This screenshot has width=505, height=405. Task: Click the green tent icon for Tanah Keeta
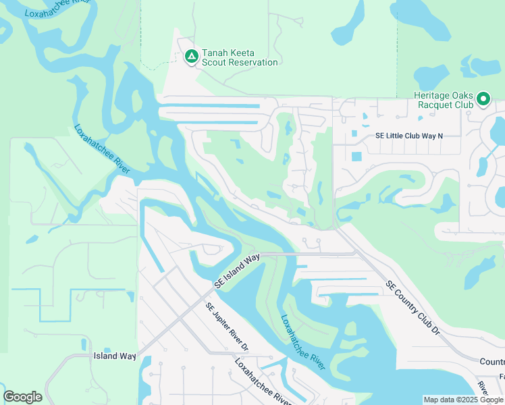click(191, 56)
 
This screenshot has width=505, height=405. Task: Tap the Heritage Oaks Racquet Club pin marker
click(483, 99)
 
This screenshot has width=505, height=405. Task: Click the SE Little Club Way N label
click(409, 136)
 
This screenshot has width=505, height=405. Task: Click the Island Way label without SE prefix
click(115, 356)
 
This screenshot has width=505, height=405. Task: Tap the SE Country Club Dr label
click(413, 307)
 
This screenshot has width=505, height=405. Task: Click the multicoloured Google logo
click(22, 397)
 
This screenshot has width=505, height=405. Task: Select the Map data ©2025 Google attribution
click(464, 400)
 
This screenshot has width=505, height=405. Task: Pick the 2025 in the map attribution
click(467, 400)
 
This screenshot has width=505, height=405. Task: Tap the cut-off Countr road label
click(492, 362)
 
